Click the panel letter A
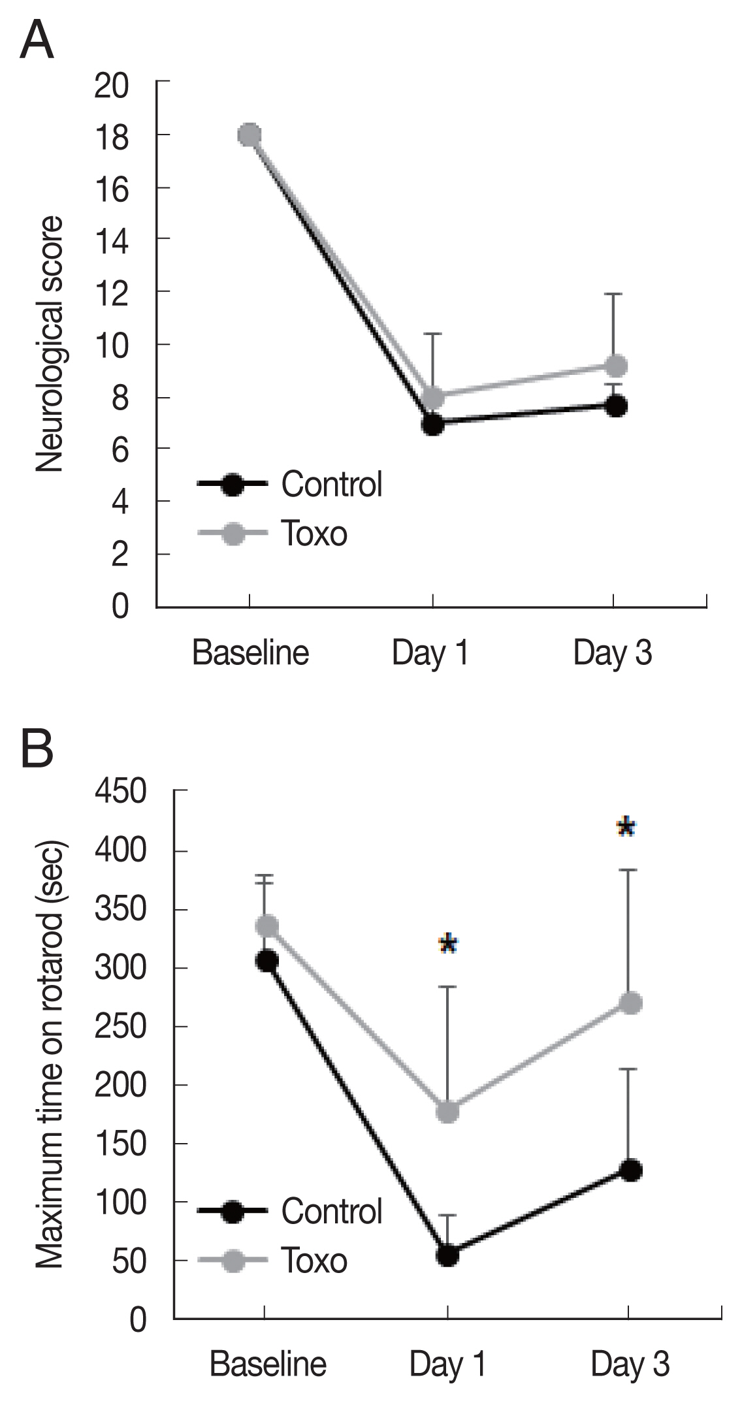tap(37, 40)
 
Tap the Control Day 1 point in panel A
tap(432, 425)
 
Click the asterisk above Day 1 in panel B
tap(448, 944)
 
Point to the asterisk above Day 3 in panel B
tap(626, 828)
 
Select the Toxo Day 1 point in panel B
tap(448, 1111)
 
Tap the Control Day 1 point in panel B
tap(448, 1255)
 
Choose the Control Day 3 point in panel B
tap(630, 1170)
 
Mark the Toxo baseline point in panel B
tap(266, 926)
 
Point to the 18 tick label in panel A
tap(112, 137)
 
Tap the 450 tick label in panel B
tap(120, 792)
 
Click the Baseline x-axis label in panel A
tap(250, 653)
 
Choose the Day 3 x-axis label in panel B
tap(630, 1364)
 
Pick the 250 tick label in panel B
tap(120, 1027)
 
